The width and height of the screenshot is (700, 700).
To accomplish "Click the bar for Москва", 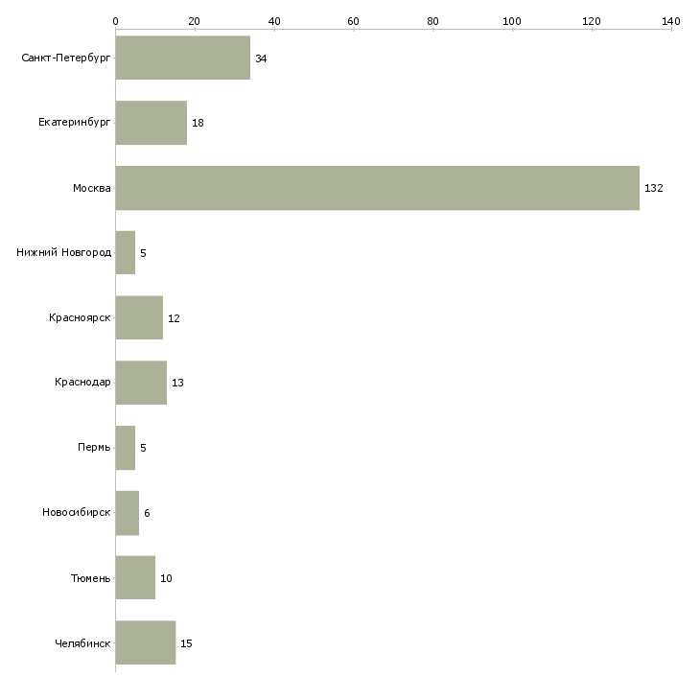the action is point(377,188).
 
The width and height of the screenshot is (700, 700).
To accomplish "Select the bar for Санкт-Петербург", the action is point(182,58).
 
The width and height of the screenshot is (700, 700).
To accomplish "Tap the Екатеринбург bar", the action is point(151,123).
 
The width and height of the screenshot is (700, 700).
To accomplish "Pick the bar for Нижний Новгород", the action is point(125,253).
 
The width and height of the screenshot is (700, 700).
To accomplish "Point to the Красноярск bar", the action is point(139,317).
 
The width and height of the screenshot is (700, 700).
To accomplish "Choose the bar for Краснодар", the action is point(141,383).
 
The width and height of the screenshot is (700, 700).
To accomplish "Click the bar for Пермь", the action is point(125,448).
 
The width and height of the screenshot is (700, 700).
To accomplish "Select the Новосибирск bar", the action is point(127,513).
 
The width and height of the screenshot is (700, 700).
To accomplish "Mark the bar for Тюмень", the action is point(135,577).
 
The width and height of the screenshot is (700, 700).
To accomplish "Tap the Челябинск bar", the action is point(146,642).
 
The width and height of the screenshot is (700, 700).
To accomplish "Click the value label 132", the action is point(654,188).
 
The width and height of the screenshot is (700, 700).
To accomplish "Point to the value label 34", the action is point(261,58).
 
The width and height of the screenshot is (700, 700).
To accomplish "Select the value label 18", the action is point(198,123).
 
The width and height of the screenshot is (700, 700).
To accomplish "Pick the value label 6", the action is point(147,513).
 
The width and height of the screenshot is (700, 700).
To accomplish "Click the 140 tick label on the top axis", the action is point(671,21).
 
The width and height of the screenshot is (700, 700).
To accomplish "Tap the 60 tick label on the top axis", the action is point(353,21).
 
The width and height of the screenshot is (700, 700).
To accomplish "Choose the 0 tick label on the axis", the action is point(116,21).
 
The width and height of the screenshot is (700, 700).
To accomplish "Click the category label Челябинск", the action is point(82,643).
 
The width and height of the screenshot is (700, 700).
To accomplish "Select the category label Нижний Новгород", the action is point(64,252).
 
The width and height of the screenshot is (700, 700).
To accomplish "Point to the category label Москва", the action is point(91,188).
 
